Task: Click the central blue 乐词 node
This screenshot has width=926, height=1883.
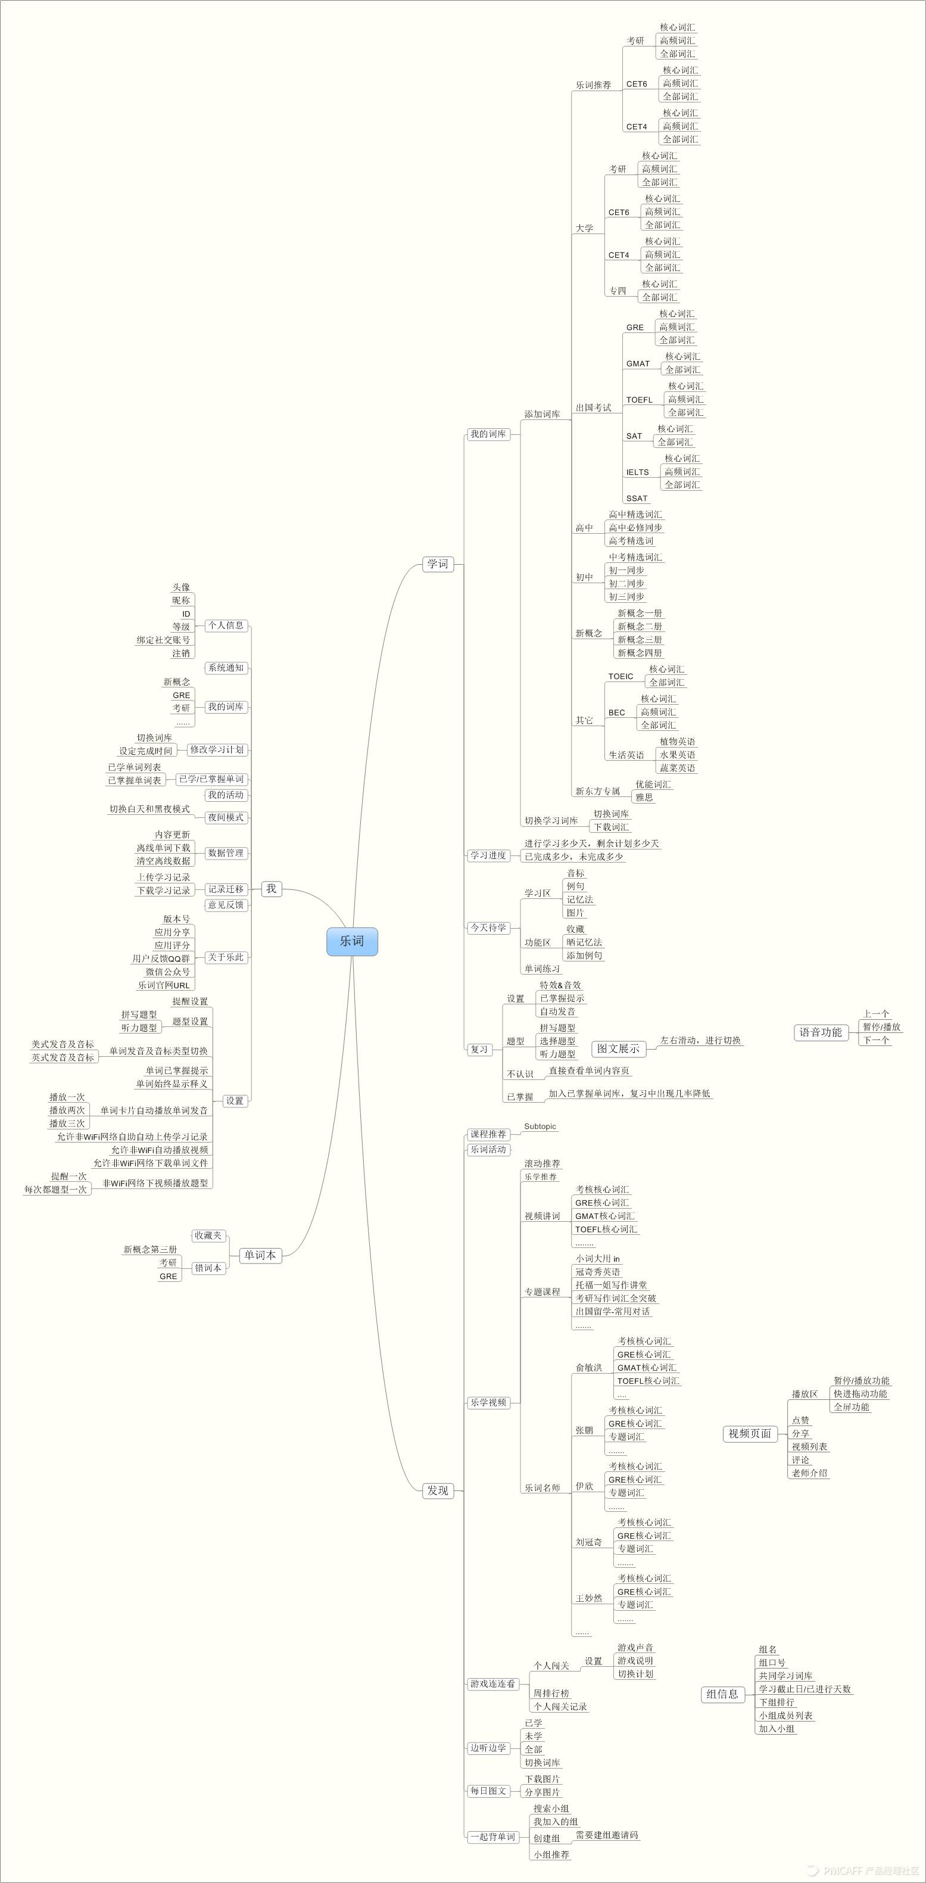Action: click(351, 941)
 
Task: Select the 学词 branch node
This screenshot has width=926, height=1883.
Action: click(438, 564)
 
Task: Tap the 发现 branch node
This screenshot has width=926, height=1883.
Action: click(438, 1490)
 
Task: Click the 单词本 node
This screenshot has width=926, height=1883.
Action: click(260, 1255)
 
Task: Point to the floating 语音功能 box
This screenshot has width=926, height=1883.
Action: click(820, 1032)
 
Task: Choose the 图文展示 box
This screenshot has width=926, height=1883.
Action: click(618, 1048)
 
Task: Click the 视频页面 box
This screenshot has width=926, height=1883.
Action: click(749, 1433)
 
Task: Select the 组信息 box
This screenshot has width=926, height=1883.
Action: click(722, 1694)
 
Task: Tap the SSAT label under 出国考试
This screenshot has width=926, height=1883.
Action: click(637, 499)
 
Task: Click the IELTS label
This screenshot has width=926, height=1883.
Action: click(637, 472)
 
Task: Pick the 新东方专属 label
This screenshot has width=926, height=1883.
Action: click(597, 791)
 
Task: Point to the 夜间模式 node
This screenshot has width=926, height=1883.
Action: click(226, 817)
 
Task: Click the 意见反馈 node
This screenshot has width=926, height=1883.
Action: click(226, 905)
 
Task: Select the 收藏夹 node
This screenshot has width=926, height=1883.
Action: click(208, 1235)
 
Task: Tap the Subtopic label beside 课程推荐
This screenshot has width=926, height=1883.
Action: click(540, 1126)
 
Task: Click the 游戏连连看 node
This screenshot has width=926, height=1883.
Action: click(492, 1683)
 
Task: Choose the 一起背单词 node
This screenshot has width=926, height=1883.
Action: click(492, 1836)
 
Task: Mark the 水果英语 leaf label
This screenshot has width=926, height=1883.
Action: click(678, 754)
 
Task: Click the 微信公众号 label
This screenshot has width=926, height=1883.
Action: click(167, 972)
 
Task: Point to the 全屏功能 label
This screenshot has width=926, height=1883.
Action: click(852, 1406)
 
